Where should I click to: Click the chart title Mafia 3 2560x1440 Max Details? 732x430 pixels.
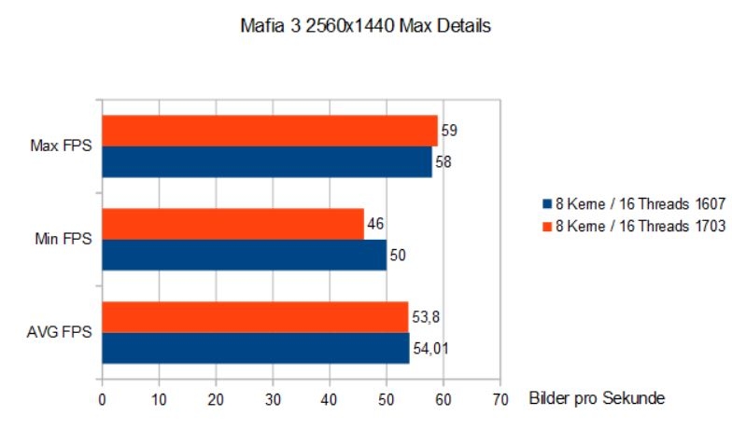[x=365, y=27]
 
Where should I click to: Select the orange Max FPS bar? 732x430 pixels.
[x=269, y=131]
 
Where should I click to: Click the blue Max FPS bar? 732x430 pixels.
[x=266, y=161]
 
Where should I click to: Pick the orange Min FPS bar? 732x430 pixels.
[x=232, y=224]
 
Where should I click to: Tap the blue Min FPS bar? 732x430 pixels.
[x=243, y=255]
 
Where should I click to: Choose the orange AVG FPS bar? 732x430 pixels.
[x=254, y=317]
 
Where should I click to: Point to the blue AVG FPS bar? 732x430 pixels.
[x=255, y=348]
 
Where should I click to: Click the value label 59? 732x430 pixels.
[x=450, y=131]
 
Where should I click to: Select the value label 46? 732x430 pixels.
[x=376, y=224]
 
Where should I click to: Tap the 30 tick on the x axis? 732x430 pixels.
[x=273, y=399]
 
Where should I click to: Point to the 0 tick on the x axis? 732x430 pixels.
[x=102, y=399]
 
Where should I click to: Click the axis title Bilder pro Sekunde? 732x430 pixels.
[x=596, y=398]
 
